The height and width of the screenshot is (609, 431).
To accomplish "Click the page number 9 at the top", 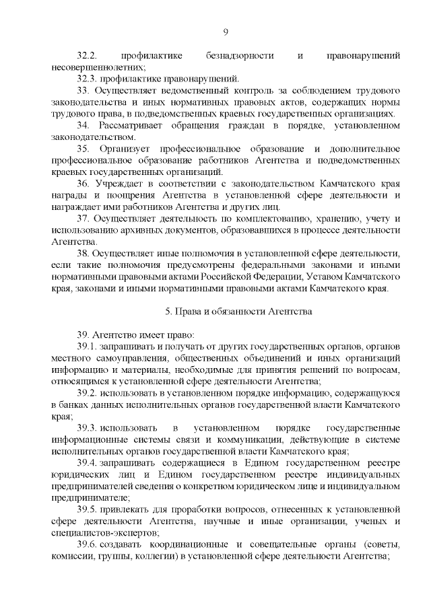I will click(226, 31).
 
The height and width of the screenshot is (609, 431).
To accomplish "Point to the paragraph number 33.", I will click(83, 90).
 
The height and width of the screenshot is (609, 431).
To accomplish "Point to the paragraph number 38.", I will click(83, 254).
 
